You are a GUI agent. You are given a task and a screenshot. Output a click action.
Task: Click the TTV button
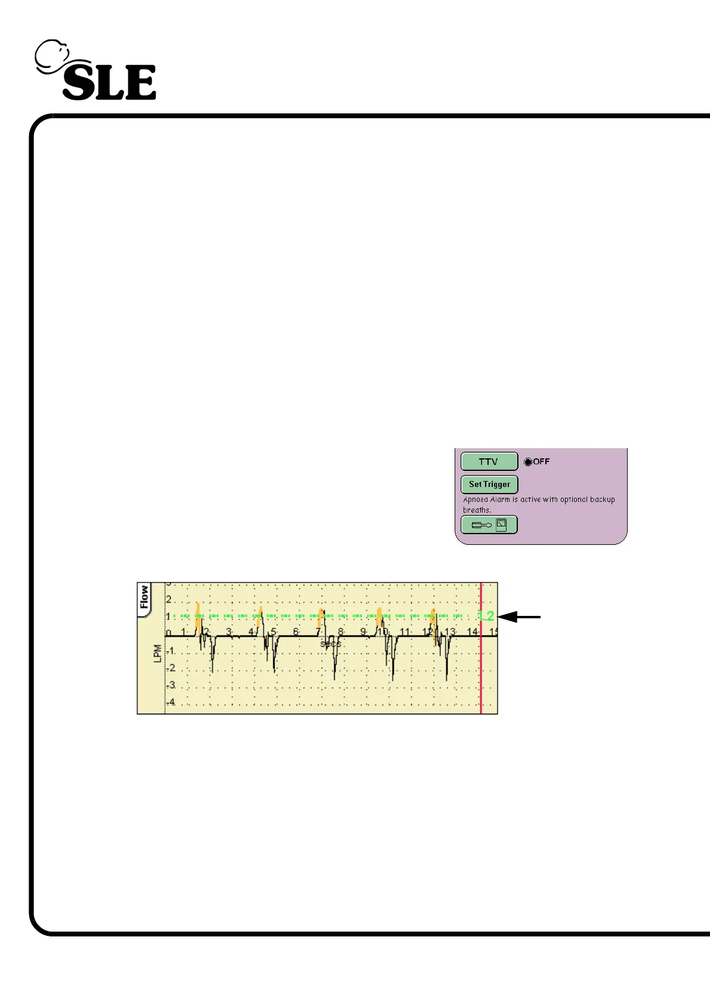pyautogui.click(x=489, y=462)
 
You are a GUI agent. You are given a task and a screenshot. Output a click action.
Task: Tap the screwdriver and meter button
pyautogui.click(x=489, y=525)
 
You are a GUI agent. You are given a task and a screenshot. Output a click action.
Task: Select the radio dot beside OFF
pyautogui.click(x=527, y=462)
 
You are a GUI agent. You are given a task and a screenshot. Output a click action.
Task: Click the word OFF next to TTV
pyautogui.click(x=541, y=462)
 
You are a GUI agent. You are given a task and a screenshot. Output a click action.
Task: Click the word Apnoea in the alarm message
pyautogui.click(x=476, y=500)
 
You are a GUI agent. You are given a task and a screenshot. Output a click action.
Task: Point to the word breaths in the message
pyautogui.click(x=477, y=510)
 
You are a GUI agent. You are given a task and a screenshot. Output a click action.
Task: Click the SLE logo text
pyautogui.click(x=109, y=82)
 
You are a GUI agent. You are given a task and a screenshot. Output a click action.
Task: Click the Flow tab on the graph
pyautogui.click(x=144, y=597)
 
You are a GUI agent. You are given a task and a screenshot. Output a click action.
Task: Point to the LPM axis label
pyautogui.click(x=158, y=653)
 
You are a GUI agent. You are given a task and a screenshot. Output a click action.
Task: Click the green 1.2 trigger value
pyautogui.click(x=486, y=616)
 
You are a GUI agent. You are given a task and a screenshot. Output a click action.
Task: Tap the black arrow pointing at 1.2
pyautogui.click(x=519, y=617)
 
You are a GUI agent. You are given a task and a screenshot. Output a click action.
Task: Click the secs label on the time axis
pyautogui.click(x=331, y=645)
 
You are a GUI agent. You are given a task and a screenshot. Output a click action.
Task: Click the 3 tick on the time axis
pyautogui.click(x=229, y=631)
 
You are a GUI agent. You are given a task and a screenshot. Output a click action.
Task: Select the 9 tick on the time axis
pyautogui.click(x=363, y=631)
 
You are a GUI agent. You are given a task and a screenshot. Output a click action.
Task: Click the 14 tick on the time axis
pyautogui.click(x=472, y=631)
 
